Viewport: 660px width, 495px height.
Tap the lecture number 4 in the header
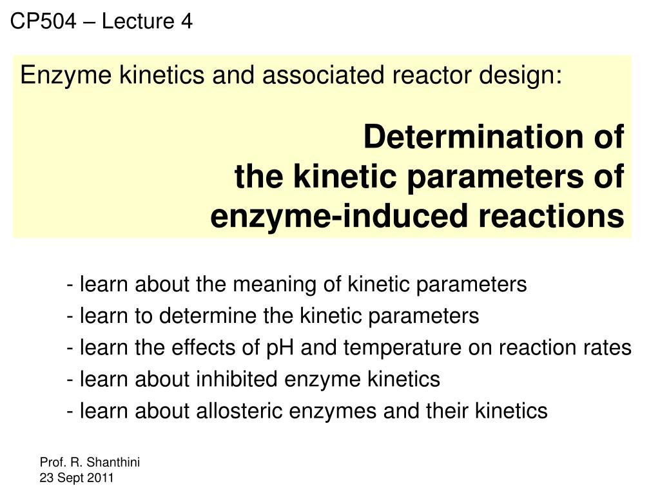click(186, 22)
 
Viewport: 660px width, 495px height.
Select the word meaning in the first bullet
click(269, 284)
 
